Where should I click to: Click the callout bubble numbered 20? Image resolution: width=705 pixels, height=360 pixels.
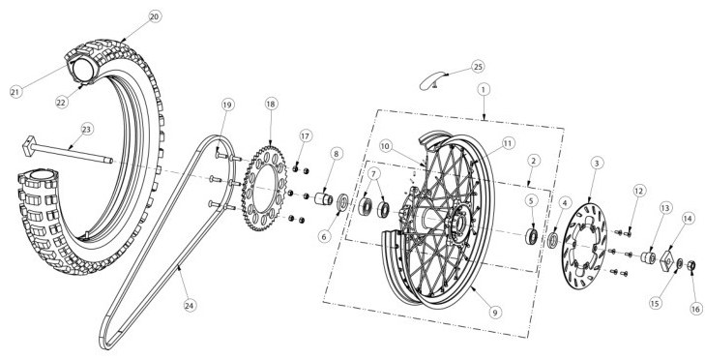154,16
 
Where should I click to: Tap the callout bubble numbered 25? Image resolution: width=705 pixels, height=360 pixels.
478,67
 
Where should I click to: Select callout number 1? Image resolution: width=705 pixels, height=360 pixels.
484,90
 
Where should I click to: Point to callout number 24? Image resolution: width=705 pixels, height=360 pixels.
190,305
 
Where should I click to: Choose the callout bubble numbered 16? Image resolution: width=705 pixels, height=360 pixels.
695,309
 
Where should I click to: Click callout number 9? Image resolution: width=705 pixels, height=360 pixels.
494,312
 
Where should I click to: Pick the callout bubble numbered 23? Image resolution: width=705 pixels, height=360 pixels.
86,129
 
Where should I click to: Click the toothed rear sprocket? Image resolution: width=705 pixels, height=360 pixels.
264,188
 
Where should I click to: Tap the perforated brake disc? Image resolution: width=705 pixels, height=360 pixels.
584,246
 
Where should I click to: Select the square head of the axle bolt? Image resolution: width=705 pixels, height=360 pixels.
29,146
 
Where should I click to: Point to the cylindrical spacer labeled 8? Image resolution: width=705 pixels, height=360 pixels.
325,198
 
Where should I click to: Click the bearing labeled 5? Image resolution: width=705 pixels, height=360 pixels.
532,236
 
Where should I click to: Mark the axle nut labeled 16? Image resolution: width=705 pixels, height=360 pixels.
692,266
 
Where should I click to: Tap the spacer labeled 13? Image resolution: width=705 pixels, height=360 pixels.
648,257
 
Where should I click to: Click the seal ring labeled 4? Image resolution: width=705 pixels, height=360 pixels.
553,240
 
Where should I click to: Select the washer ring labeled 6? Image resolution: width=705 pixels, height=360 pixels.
342,201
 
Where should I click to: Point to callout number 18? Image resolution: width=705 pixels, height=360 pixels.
270,104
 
